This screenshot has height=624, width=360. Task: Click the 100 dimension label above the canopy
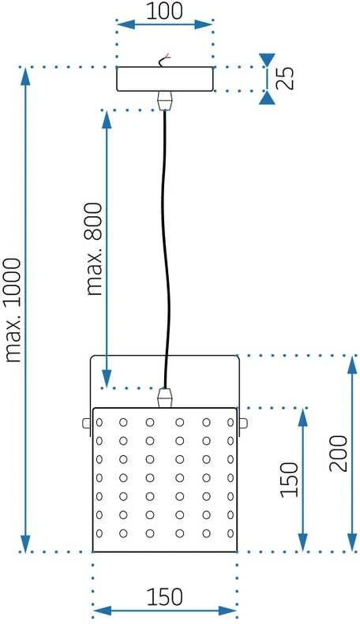click(165, 11)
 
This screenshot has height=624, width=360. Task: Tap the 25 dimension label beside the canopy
click(286, 78)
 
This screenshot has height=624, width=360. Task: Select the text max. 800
click(95, 249)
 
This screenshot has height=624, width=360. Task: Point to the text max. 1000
click(13, 310)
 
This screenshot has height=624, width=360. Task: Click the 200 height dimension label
click(339, 454)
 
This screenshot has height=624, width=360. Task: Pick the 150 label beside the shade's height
click(290, 480)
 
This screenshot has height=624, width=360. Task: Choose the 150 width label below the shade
click(165, 597)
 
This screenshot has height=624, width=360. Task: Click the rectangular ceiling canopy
click(165, 79)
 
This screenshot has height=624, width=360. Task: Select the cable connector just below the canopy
click(165, 101)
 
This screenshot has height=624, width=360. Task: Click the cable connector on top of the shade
click(165, 397)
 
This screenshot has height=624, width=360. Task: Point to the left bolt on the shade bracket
click(87, 423)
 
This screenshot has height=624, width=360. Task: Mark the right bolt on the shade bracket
click(242, 423)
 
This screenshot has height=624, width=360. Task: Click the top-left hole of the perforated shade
click(99, 422)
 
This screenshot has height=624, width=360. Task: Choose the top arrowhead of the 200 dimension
click(352, 365)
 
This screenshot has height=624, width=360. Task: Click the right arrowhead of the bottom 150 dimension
click(227, 611)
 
